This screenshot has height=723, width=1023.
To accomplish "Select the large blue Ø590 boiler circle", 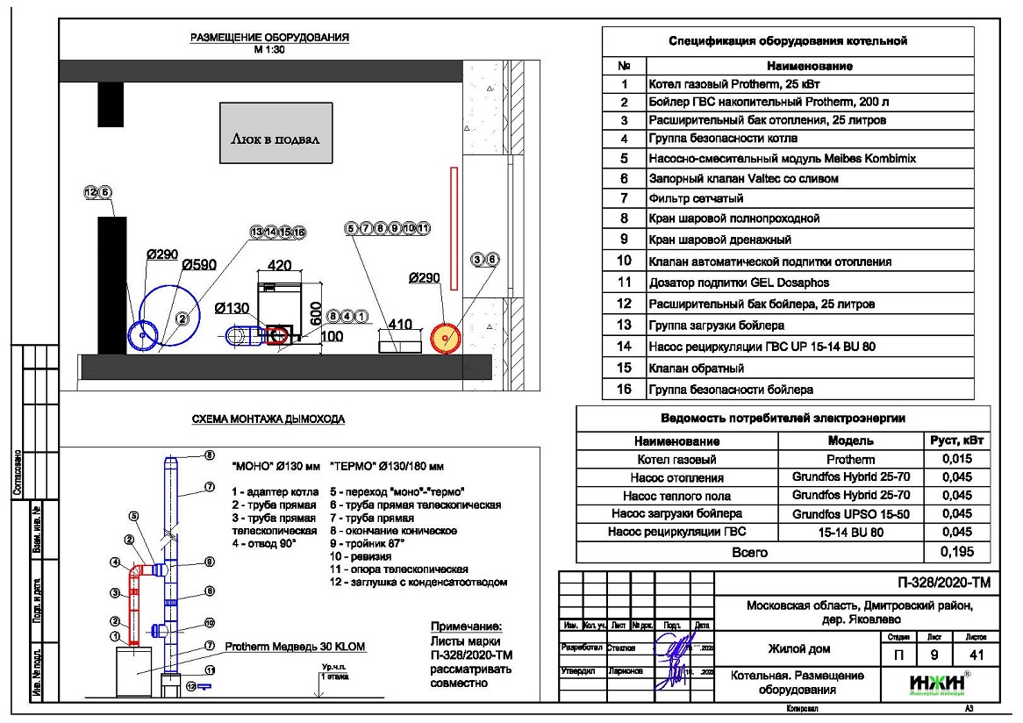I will point(178,317).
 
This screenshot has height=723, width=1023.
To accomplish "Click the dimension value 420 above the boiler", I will point(280,264).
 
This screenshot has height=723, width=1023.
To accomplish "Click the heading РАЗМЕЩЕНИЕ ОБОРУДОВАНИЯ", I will point(270,38).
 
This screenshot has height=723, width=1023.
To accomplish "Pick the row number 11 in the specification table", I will point(624,283).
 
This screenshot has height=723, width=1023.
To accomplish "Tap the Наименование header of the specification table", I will point(809,66).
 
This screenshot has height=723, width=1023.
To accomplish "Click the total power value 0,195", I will point(957,552).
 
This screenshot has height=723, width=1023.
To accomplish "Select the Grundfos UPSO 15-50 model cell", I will point(851,513).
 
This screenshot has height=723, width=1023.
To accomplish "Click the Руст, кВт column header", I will point(957,440).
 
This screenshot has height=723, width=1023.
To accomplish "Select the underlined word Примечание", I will point(465,626).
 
